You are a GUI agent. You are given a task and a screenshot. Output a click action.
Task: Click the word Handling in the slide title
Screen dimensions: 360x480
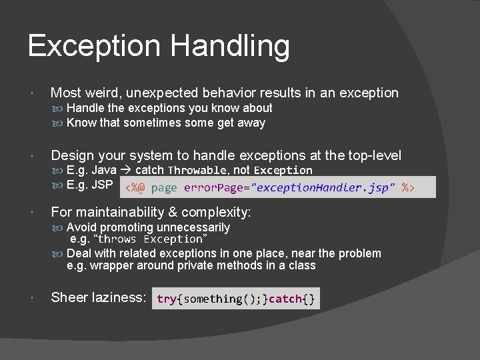point(230,47)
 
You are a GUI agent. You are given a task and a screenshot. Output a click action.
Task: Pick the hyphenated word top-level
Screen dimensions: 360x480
point(375,156)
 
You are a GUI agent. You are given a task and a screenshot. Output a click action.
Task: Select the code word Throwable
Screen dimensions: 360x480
point(198,171)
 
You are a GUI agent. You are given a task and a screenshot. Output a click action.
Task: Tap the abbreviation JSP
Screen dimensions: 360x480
point(102,185)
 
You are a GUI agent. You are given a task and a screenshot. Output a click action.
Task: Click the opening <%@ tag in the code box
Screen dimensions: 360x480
point(136,188)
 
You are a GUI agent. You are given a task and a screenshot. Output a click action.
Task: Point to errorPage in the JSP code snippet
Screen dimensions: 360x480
point(214,188)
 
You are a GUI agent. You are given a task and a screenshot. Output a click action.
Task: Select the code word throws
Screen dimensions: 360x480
point(117,239)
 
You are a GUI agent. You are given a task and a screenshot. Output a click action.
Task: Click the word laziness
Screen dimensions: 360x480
point(120,298)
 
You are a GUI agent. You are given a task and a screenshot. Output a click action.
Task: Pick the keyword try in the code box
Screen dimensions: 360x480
point(166,299)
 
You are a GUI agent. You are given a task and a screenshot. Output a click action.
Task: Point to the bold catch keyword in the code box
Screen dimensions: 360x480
point(285,299)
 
